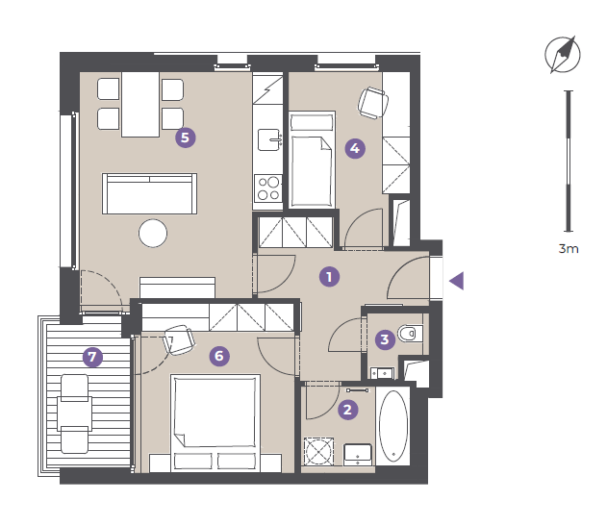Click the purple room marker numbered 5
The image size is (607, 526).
[185, 138]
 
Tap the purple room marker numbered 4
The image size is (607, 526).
[355, 148]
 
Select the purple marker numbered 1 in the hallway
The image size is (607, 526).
[329, 277]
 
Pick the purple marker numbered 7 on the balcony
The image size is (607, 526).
[92, 357]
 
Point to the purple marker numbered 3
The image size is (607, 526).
[385, 339]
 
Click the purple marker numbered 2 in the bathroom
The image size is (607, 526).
[347, 410]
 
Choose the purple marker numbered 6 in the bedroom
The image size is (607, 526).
[219, 356]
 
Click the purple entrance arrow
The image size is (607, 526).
[457, 281]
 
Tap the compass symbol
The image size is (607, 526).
[563, 55]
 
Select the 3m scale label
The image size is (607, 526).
[569, 248]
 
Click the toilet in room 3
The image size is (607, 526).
[410, 334]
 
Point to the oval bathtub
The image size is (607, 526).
[392, 426]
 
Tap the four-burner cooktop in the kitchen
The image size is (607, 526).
[268, 188]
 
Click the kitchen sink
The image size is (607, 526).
[269, 139]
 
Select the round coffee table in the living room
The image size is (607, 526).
[153, 234]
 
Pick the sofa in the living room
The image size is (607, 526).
[149, 194]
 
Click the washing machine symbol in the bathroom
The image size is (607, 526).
[318, 451]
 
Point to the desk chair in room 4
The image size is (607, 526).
[373, 103]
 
